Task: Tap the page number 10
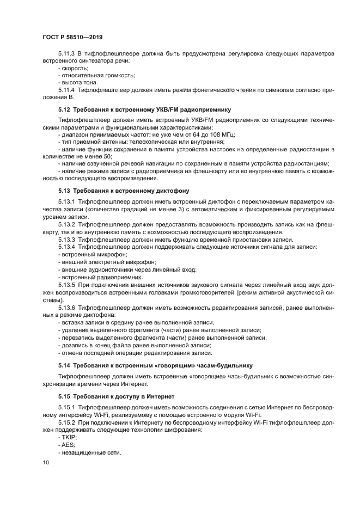pyautogui.click(x=45, y=462)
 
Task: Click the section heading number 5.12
pyautogui.click(x=65, y=109)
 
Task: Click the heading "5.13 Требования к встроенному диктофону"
pyautogui.click(x=124, y=191)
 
